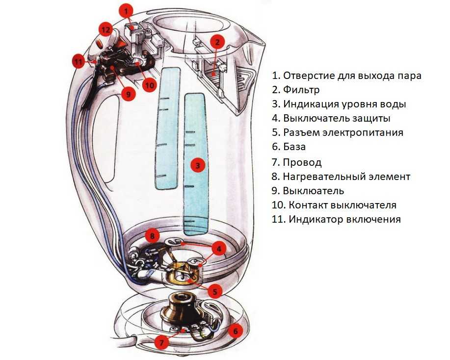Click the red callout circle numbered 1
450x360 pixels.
click(128, 12)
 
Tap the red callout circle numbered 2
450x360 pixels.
click(217, 43)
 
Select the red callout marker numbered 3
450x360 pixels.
click(198, 165)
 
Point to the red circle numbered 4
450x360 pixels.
click(219, 249)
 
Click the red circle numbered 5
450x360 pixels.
click(215, 292)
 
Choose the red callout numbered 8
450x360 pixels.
click(153, 236)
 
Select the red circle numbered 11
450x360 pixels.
click(79, 61)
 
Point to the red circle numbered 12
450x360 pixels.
click(106, 30)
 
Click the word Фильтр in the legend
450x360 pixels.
click(301, 90)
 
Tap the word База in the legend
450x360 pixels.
click(294, 147)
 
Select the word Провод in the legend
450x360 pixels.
click(302, 162)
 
